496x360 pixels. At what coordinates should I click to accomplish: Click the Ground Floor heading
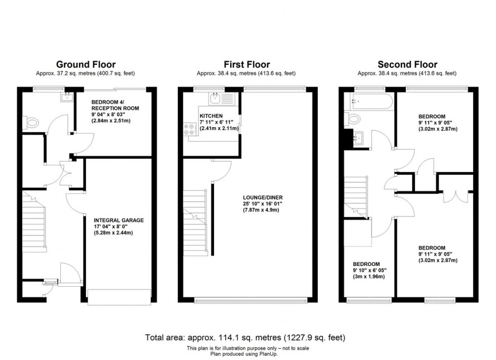[x=86, y=64]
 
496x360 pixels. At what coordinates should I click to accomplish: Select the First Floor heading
[x=247, y=64]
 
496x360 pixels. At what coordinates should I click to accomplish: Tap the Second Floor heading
[x=407, y=64]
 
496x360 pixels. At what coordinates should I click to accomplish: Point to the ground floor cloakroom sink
[x=67, y=97]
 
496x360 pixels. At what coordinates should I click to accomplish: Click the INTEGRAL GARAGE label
[x=119, y=220]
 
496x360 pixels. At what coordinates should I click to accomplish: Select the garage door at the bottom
[x=119, y=296]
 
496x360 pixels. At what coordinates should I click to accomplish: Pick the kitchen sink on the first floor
[x=216, y=98]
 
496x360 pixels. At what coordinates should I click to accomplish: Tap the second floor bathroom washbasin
[x=360, y=137]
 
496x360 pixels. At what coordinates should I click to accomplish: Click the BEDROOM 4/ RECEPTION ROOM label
[x=115, y=105]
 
